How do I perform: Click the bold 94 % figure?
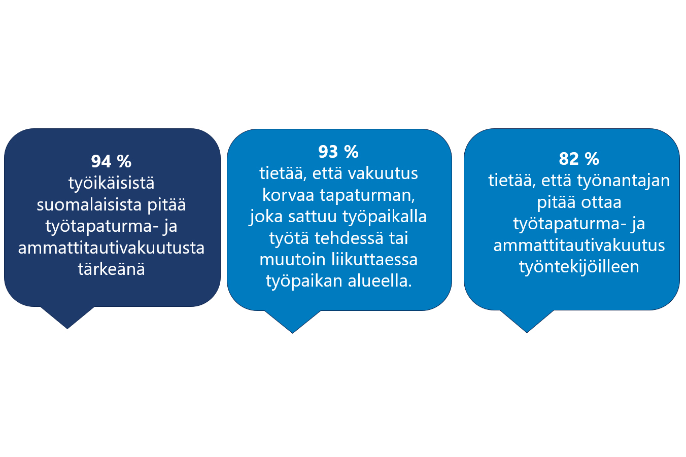(x=111, y=161)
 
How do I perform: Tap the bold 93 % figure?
(x=338, y=152)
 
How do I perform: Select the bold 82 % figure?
(x=579, y=159)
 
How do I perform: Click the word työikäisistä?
(x=111, y=183)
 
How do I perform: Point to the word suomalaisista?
(x=89, y=205)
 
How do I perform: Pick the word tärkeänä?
(x=111, y=269)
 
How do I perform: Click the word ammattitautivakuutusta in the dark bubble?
(x=111, y=248)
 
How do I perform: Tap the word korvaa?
(x=288, y=195)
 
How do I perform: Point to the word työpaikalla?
(x=385, y=217)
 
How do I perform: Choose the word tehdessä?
(x=349, y=238)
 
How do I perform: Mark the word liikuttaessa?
(x=374, y=260)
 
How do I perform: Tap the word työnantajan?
(x=624, y=181)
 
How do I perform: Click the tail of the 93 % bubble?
(x=292, y=322)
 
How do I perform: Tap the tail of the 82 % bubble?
(x=527, y=321)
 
